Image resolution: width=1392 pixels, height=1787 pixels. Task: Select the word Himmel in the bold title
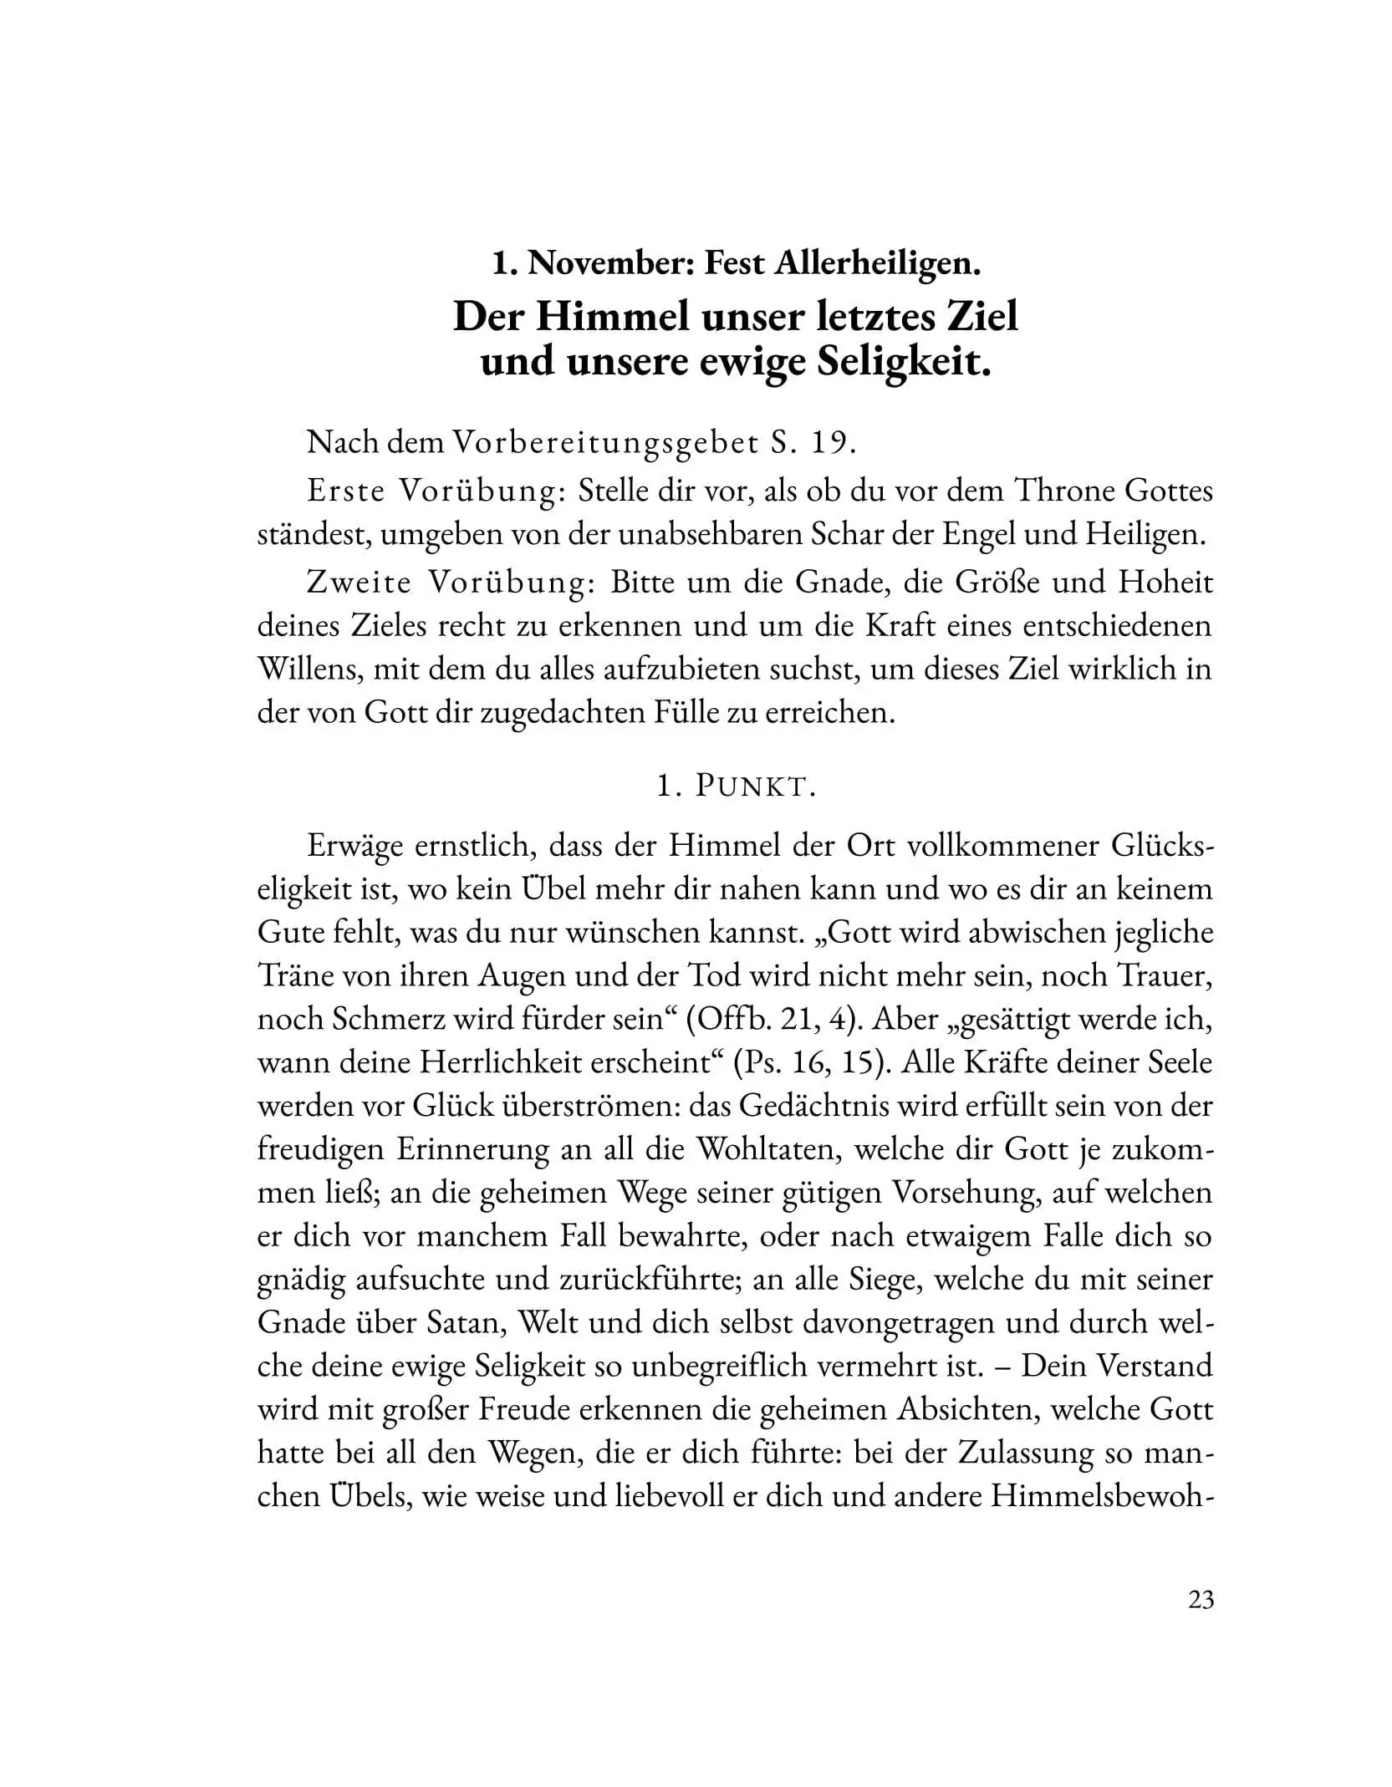609,317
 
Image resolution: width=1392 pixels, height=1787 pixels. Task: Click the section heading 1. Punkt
736,787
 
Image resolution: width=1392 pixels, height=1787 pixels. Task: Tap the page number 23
1200,1600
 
